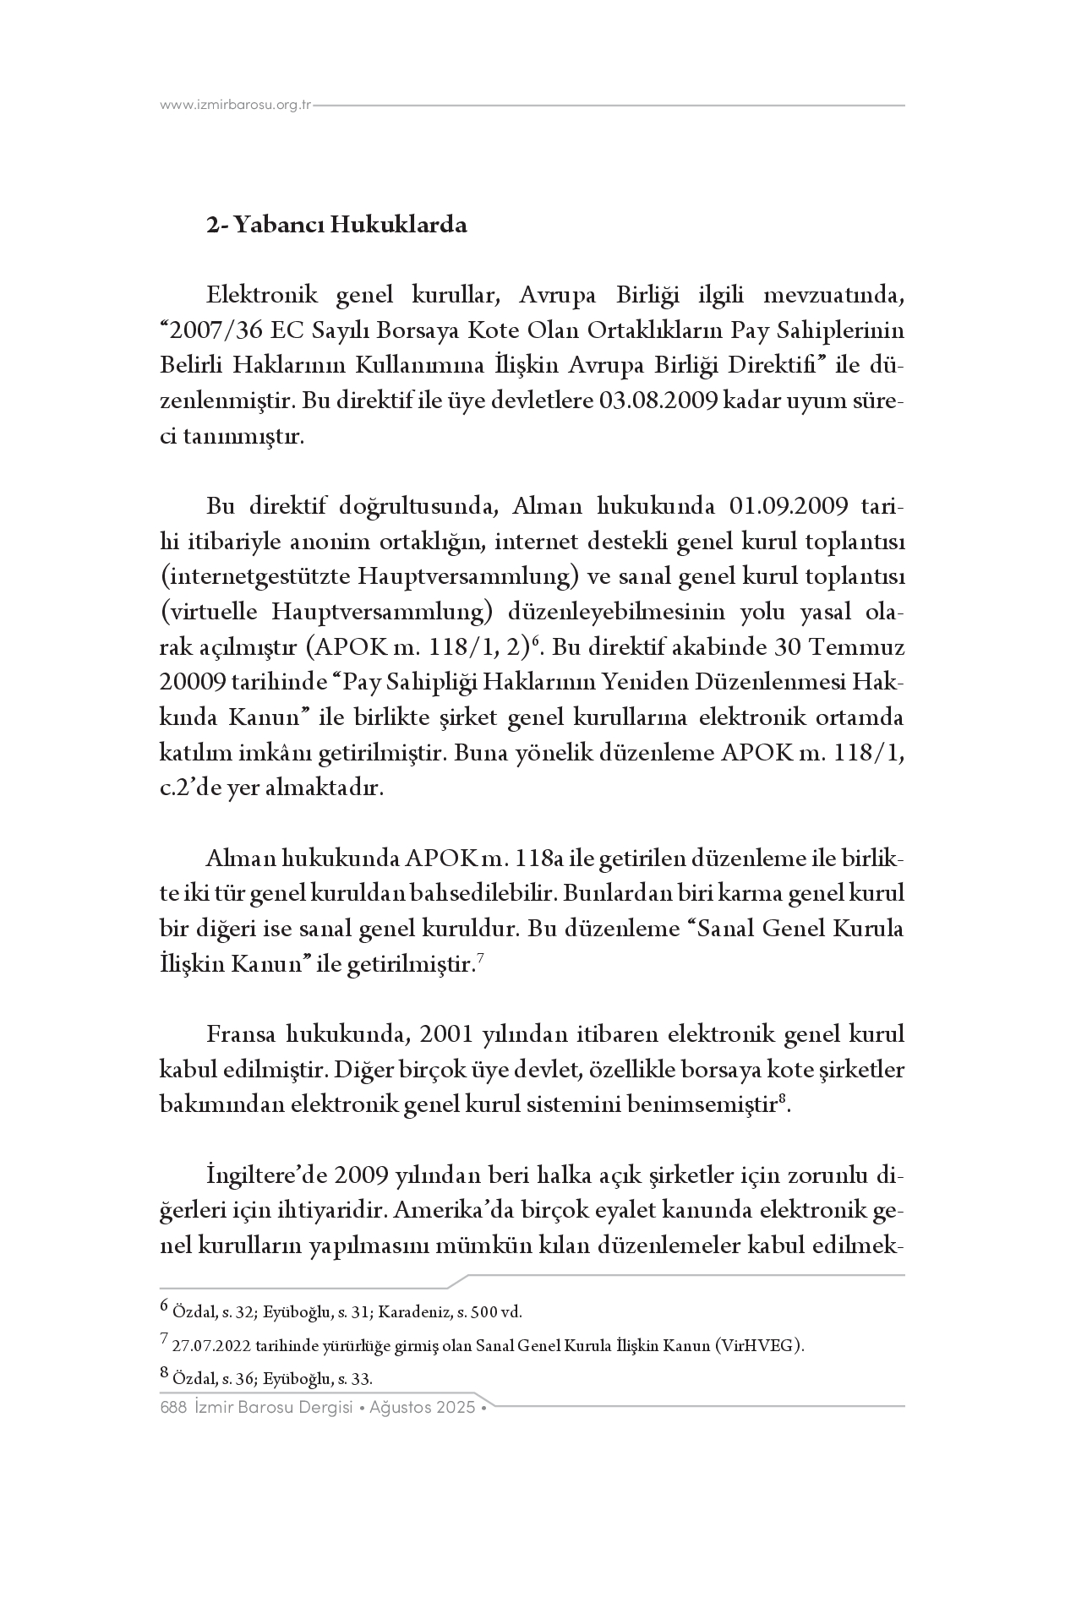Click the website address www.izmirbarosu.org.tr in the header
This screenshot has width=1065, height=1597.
click(236, 106)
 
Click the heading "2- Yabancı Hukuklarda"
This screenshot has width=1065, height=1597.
click(337, 226)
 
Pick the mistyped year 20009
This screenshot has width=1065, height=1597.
click(191, 684)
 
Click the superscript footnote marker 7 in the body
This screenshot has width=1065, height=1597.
click(480, 958)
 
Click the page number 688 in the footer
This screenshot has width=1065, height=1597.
click(172, 1409)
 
